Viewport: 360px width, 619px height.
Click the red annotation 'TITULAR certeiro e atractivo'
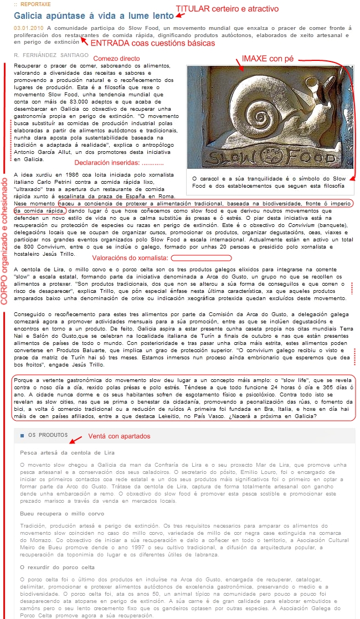coord(227,9)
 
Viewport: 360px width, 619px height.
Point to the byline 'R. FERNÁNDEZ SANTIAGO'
coord(51,55)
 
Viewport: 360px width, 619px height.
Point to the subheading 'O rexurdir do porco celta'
coord(57,566)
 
